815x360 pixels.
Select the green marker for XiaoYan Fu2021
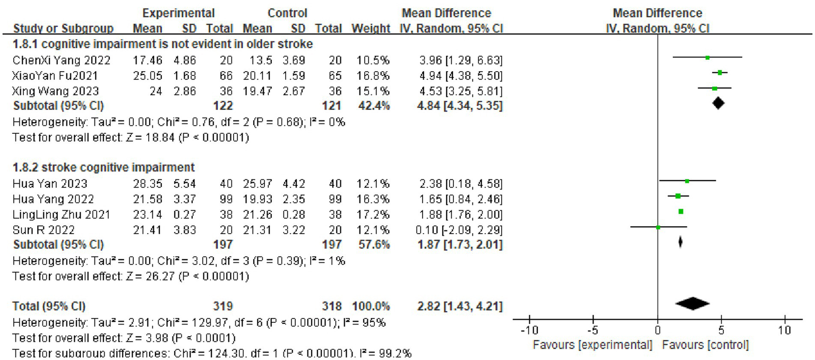tap(720, 73)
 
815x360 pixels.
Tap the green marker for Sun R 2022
tap(658, 227)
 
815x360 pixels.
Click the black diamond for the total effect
tap(693, 303)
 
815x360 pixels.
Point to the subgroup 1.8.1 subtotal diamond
tap(718, 104)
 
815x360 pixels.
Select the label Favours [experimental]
tap(592, 345)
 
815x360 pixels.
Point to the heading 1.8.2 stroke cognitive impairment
tap(104, 168)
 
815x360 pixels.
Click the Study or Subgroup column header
tap(63, 28)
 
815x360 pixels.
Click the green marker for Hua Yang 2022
tap(678, 196)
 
